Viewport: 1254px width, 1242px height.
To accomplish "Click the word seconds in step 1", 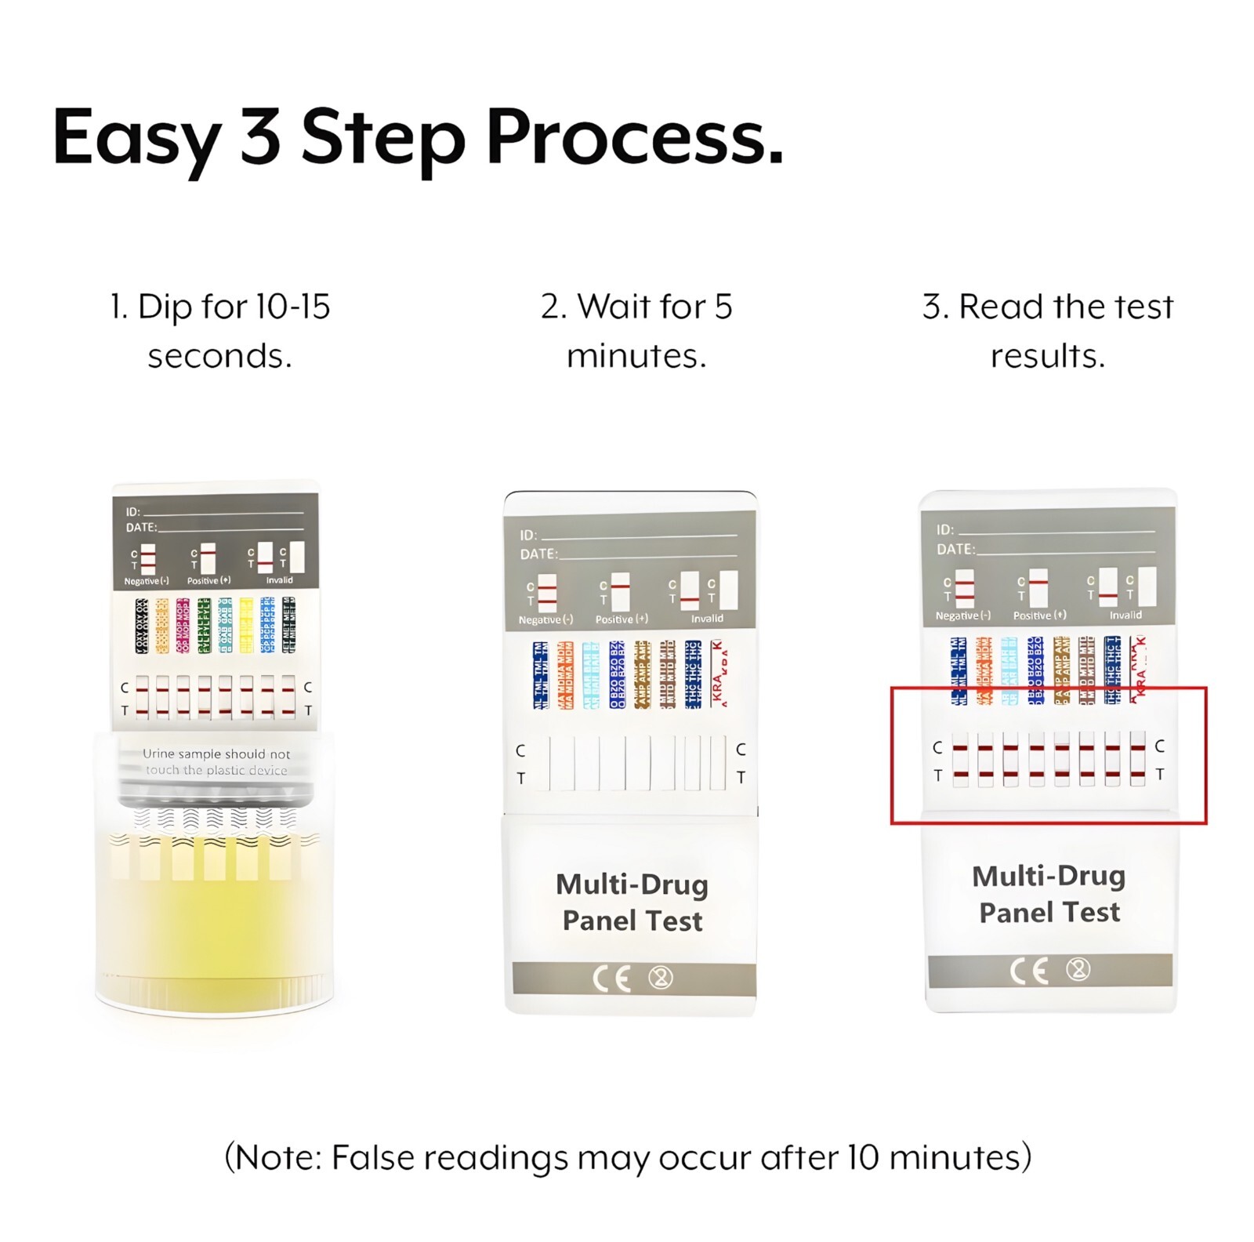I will click(x=219, y=356).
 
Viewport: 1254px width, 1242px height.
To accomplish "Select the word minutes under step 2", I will click(x=636, y=356).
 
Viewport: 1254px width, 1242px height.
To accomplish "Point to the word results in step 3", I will click(x=1048, y=356).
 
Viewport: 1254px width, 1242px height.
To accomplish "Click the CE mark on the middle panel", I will click(x=612, y=978).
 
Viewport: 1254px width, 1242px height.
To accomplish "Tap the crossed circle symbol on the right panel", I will click(x=1078, y=970).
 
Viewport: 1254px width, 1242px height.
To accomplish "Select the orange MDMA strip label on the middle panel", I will click(x=565, y=674).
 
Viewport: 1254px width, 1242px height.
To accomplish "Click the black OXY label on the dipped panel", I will click(x=141, y=625).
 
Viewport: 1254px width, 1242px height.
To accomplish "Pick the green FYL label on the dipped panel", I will click(x=204, y=625).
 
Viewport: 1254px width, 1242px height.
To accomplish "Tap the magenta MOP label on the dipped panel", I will click(x=183, y=625).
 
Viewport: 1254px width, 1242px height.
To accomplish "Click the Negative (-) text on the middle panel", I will click(x=545, y=619).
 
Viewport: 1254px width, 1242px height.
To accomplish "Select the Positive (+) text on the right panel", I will click(x=1039, y=616).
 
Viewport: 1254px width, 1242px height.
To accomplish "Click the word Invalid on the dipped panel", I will click(x=279, y=580).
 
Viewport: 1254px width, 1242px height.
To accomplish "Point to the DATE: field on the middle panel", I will click(x=539, y=554).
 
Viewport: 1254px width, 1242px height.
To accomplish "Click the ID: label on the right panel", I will click(x=944, y=529).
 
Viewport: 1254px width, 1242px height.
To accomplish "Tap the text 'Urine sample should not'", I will click(x=216, y=754).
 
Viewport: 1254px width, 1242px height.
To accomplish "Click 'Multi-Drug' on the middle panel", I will click(x=632, y=884).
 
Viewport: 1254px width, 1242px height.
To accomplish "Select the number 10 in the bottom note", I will click(x=864, y=1157).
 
